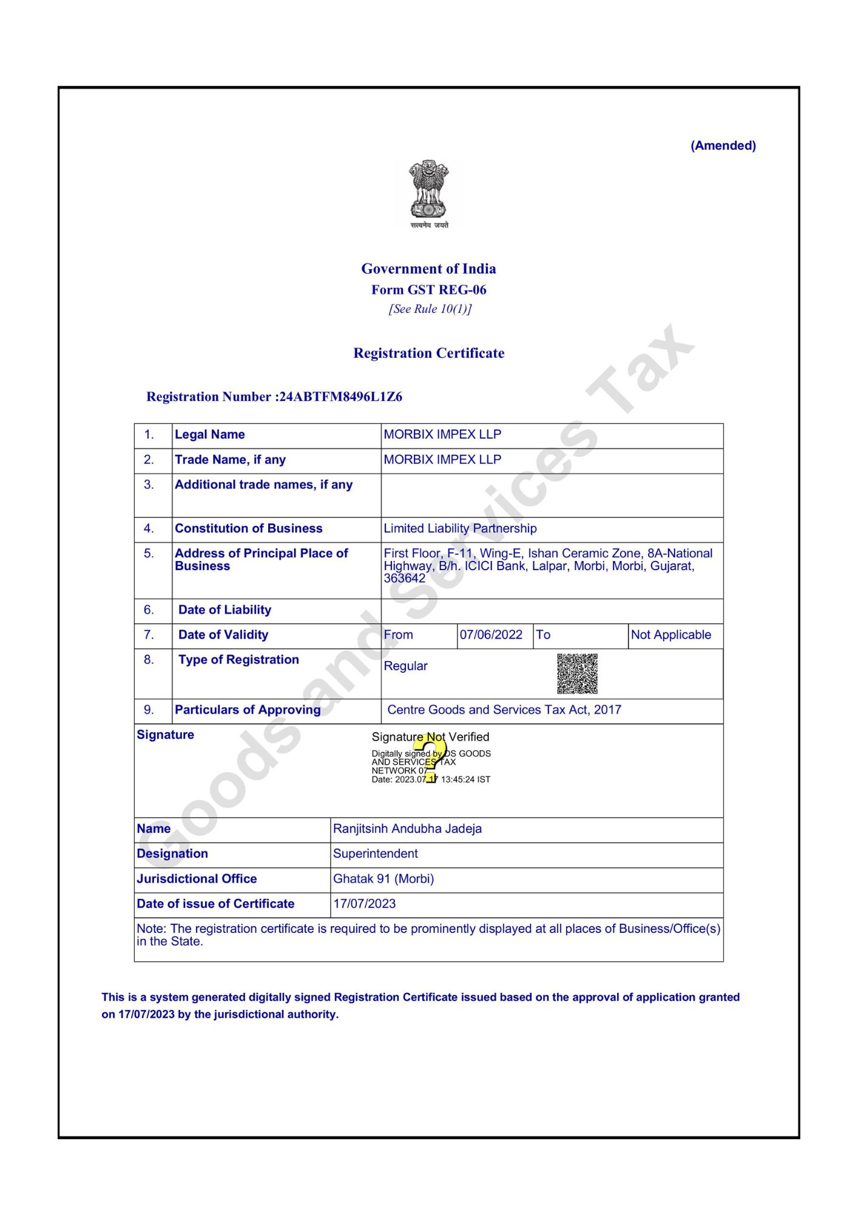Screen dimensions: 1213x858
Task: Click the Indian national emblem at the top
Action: (x=428, y=193)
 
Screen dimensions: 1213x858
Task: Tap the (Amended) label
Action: (x=723, y=146)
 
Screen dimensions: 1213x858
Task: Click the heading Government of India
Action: (x=428, y=269)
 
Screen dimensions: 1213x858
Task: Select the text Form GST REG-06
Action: (x=428, y=290)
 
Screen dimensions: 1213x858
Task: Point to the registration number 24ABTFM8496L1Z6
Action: (x=340, y=397)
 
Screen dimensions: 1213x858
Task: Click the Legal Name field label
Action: (x=209, y=434)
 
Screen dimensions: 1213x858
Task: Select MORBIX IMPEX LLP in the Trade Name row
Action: (x=442, y=460)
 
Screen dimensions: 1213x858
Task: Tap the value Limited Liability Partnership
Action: (x=460, y=528)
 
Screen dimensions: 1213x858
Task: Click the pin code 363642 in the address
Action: (x=404, y=579)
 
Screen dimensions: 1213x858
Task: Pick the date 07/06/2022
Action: (x=491, y=635)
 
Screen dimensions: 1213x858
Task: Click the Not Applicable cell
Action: (x=671, y=635)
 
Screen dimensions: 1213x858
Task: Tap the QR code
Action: (x=577, y=673)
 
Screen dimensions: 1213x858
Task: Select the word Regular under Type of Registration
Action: (x=405, y=666)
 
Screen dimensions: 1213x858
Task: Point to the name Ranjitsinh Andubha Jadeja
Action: (x=407, y=829)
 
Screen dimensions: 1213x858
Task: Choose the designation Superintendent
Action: (x=375, y=854)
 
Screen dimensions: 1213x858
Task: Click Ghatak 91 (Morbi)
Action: (x=383, y=879)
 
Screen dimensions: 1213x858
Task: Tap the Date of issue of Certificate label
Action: (x=215, y=904)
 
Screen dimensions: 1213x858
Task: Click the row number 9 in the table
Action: (x=149, y=710)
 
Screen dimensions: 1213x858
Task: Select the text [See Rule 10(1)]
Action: (x=430, y=309)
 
